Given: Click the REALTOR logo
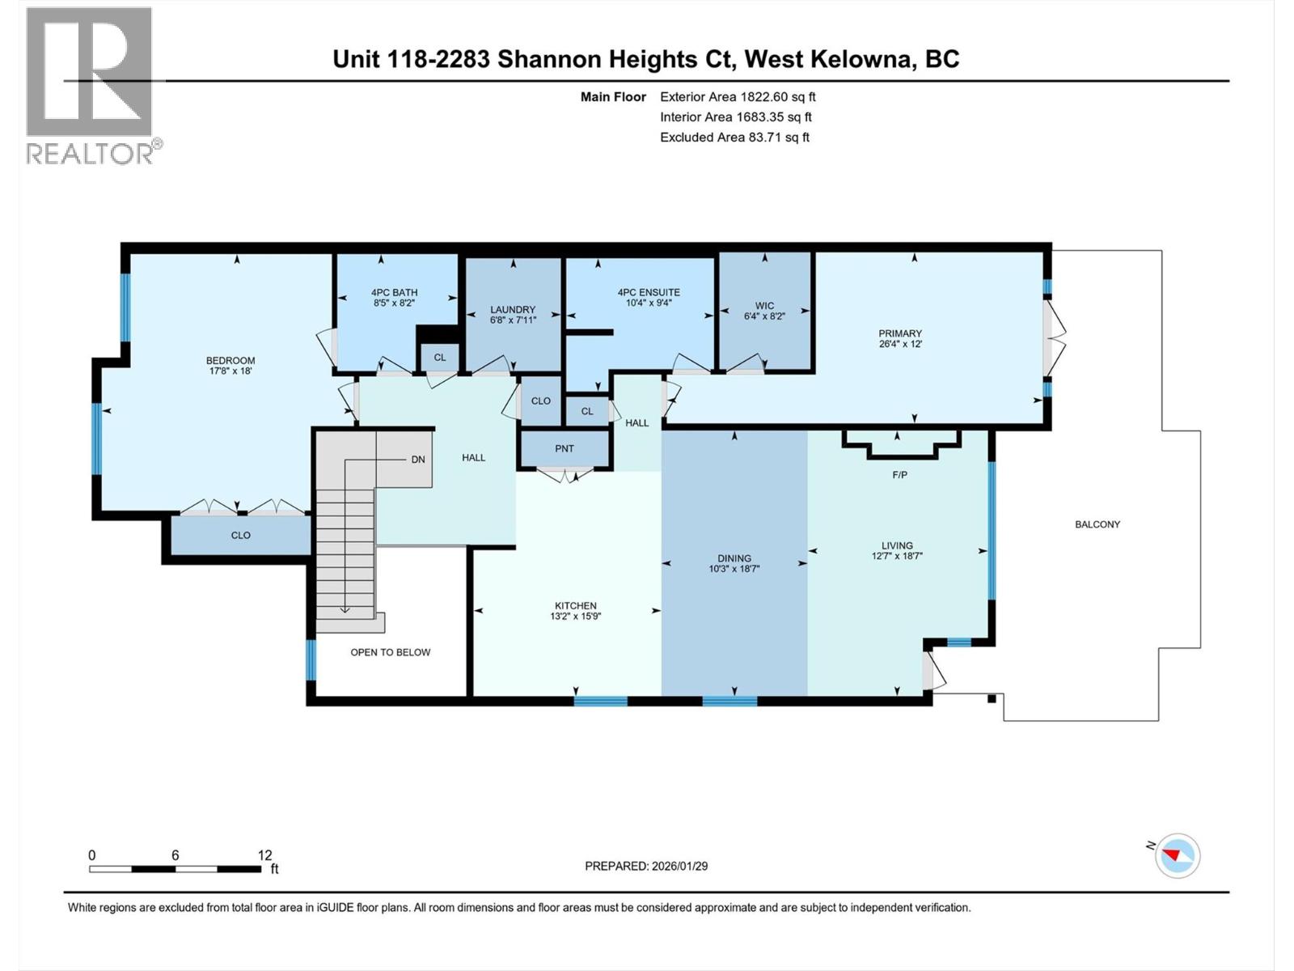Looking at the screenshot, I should [90, 85].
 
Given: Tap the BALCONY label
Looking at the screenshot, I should [1097, 524].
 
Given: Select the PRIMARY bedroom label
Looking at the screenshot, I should [900, 333].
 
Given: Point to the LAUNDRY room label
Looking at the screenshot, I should [513, 309].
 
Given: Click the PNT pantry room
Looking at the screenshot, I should [565, 448].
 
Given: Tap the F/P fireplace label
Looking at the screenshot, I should [899, 475].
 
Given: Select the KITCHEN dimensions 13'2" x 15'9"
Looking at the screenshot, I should [576, 617].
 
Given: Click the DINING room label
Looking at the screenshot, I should [734, 558].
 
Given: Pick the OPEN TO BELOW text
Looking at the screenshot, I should [391, 652].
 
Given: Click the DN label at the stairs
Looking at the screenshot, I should [418, 460].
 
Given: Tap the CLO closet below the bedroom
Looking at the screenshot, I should [241, 535].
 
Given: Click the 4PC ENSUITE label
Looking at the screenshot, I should [649, 292].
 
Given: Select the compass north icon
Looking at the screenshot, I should [1177, 855].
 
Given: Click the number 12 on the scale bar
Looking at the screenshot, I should [264, 855].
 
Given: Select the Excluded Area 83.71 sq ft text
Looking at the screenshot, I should [734, 137].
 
